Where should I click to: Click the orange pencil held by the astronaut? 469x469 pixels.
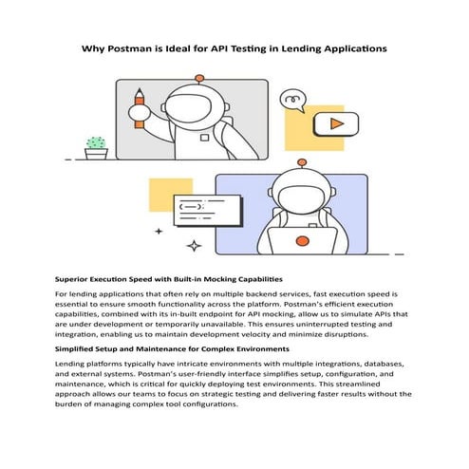pos(140,107)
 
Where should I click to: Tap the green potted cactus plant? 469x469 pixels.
pos(96,146)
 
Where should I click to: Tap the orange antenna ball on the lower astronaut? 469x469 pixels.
pos(302,161)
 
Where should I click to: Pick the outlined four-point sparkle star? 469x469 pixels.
pos(194,246)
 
